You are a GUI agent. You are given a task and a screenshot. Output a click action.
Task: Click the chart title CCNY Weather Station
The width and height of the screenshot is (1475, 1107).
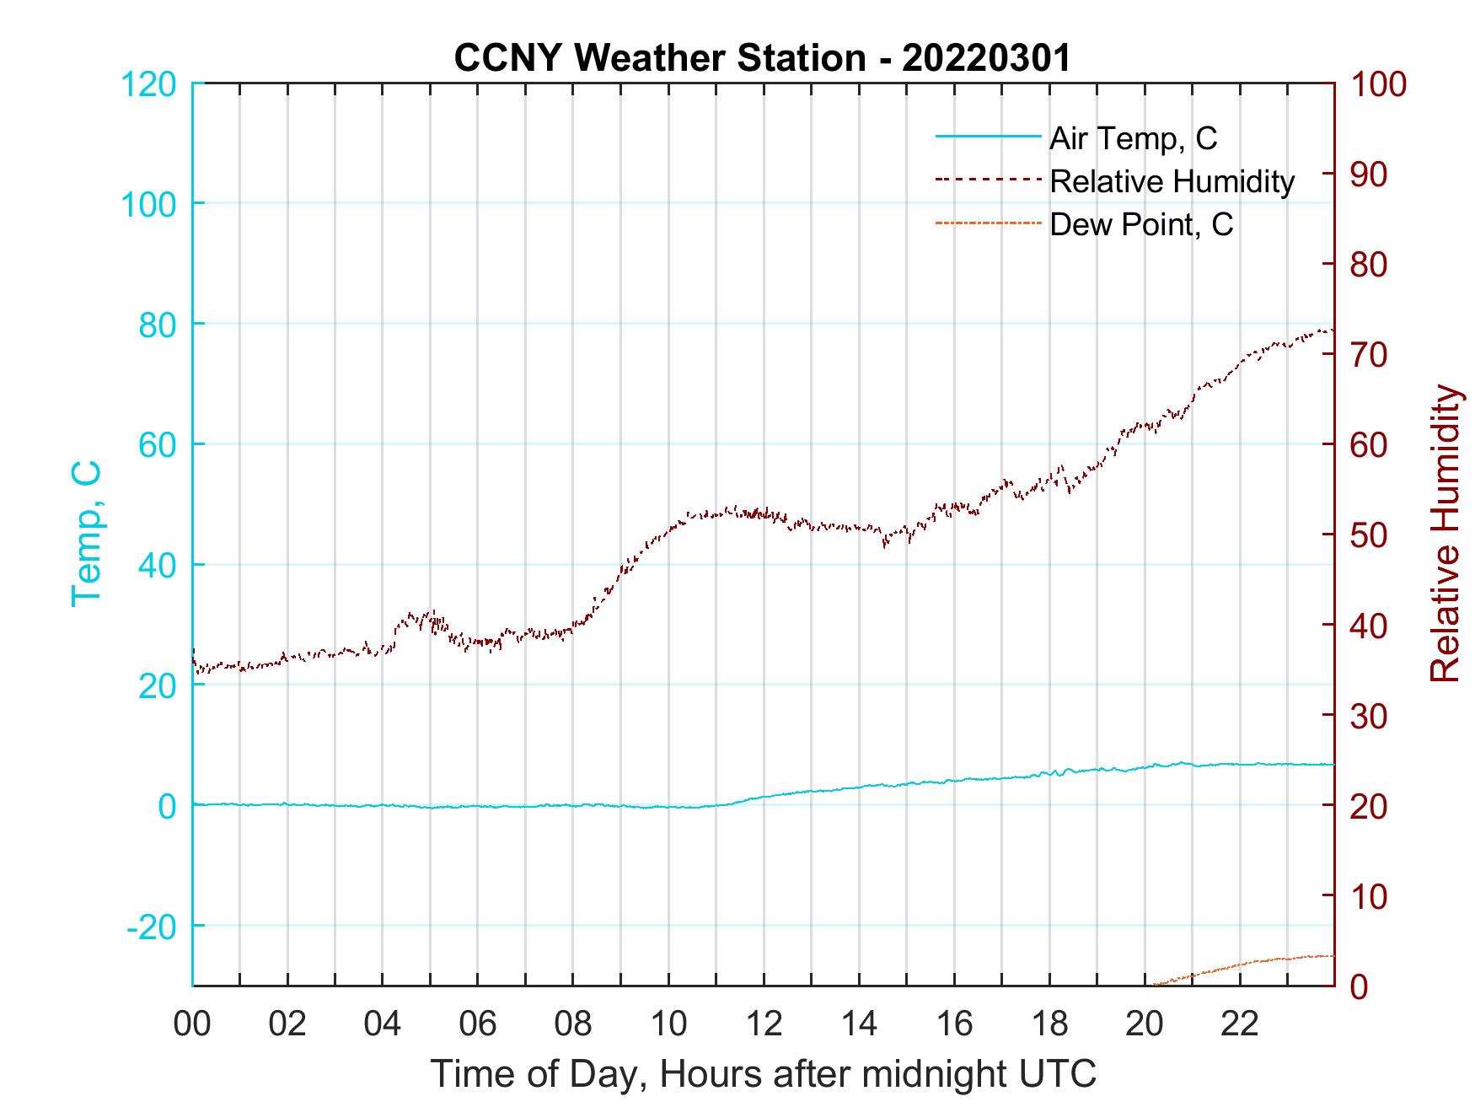point(762,58)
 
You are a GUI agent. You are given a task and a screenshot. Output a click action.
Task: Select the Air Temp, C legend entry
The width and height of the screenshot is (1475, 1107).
point(1132,137)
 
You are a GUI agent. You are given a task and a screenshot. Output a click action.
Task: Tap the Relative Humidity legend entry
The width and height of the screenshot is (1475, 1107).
point(1171,181)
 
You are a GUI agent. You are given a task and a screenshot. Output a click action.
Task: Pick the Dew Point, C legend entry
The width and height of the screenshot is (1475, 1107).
point(1140,225)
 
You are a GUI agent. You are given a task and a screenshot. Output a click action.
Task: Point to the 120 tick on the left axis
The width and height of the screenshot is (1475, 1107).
point(149,84)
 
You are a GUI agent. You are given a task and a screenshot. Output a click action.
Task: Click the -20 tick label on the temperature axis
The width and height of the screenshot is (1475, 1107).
point(151,926)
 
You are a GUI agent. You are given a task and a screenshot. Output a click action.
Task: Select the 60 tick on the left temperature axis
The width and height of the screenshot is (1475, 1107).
point(156,444)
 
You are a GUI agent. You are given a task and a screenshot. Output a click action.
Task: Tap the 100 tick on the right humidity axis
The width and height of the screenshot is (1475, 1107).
point(1378,84)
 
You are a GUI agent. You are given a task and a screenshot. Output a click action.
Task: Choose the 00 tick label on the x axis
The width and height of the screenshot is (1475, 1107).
point(192,1024)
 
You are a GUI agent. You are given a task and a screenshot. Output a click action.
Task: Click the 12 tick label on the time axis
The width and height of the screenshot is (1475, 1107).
point(764,1024)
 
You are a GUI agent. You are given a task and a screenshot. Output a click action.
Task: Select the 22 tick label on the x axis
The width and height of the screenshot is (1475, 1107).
point(1240,1024)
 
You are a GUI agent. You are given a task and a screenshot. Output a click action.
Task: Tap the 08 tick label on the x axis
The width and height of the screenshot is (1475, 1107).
point(573,1024)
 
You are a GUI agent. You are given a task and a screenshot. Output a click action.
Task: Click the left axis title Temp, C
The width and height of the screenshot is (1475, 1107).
point(86,533)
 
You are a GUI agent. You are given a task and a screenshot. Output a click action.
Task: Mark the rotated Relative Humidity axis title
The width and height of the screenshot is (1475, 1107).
point(1445,533)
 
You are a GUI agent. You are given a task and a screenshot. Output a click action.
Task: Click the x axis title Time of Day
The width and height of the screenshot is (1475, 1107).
point(764,1074)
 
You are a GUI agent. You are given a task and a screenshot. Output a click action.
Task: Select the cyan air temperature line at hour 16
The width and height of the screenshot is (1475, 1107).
point(954,781)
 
